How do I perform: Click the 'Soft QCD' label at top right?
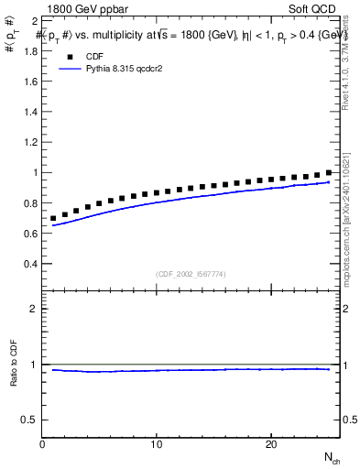[x=312, y=7]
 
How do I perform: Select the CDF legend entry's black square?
[x=68, y=55]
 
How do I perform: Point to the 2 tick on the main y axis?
[x=34, y=20]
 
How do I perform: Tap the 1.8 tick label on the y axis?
[x=29, y=50]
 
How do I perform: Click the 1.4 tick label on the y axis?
[x=29, y=112]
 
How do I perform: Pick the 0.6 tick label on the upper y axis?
[x=29, y=234]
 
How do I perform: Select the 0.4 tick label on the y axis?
[x=29, y=264]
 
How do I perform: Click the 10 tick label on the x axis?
[x=157, y=444]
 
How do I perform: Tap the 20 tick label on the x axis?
[x=270, y=444]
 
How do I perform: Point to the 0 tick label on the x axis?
[x=42, y=444]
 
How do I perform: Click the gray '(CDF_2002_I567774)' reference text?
[x=191, y=273]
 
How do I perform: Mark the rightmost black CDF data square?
[x=328, y=173]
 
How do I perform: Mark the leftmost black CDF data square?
[x=53, y=219]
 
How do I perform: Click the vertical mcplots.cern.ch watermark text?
[x=345, y=220]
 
